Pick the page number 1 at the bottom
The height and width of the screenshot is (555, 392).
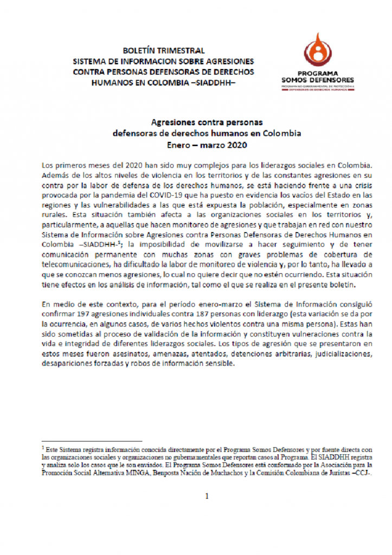pos(207,495)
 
